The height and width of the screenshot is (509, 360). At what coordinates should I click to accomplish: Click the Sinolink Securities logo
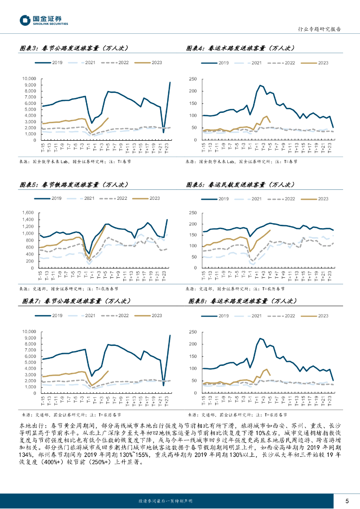click(x=44, y=21)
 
